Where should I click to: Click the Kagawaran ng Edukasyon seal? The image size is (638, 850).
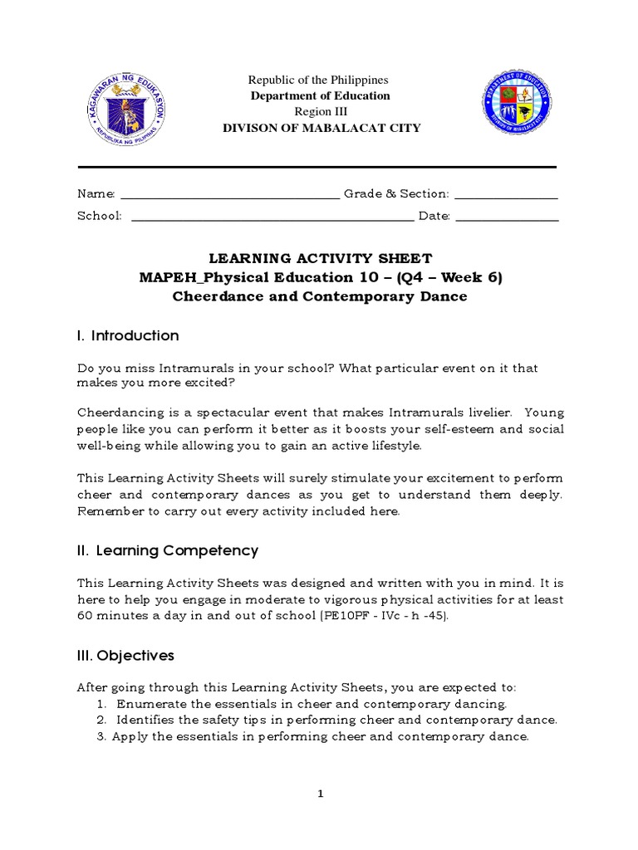(126, 106)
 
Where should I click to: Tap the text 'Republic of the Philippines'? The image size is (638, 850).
(320, 80)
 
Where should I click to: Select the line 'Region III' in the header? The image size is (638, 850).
(321, 112)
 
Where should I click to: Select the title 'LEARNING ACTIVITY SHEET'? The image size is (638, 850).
(320, 259)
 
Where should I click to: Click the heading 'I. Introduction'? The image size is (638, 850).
(128, 335)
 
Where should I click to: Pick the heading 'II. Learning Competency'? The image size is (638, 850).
(168, 550)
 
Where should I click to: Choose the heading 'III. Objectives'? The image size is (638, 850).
(125, 656)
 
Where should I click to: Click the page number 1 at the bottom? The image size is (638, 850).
(320, 794)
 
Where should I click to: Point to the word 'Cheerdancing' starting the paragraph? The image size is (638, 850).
(116, 413)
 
